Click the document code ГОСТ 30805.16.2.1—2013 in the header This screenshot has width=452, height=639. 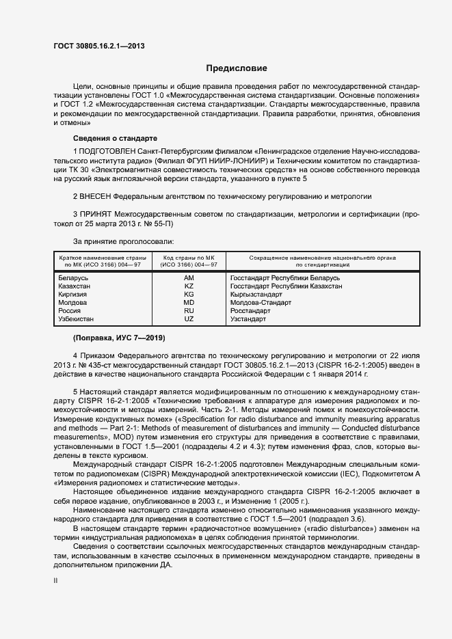(98, 46)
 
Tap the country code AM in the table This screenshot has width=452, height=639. (189, 278)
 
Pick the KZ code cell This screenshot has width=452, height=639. (189, 286)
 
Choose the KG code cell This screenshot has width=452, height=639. (189, 295)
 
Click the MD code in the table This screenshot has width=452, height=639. (189, 303)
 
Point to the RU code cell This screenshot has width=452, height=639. (189, 311)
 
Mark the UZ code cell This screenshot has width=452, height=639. (189, 319)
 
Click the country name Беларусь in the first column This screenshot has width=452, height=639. (74, 278)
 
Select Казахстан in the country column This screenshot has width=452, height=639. (77, 286)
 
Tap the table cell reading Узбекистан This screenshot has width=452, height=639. (77, 319)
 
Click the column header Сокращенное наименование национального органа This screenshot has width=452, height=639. (313, 260)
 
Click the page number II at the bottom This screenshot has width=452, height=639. (55, 580)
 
